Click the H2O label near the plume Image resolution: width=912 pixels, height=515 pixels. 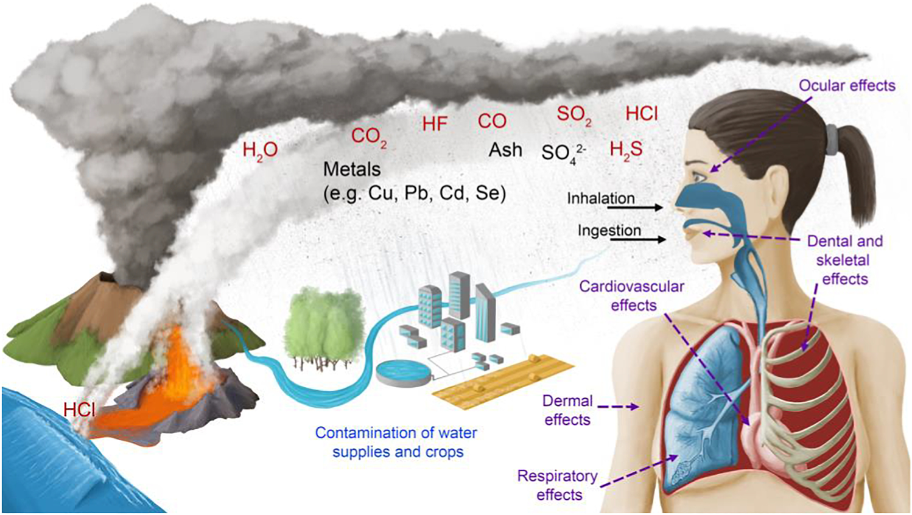tap(260, 150)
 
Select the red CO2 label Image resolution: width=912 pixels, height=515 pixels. tap(368, 136)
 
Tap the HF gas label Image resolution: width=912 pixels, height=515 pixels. tap(435, 124)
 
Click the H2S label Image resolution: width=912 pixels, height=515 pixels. tap(626, 150)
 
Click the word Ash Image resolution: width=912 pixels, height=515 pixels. tap(505, 150)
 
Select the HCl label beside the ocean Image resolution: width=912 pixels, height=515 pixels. tap(79, 410)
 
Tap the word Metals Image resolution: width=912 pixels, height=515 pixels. tap(352, 169)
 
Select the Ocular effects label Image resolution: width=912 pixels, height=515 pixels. tap(847, 86)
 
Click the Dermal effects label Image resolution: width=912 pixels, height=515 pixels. tap(567, 410)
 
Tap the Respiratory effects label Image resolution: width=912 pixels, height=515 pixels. tap(558, 485)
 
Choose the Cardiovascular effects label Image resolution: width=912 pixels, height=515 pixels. tap(631, 295)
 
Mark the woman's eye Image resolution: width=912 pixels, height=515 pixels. tap(699, 177)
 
